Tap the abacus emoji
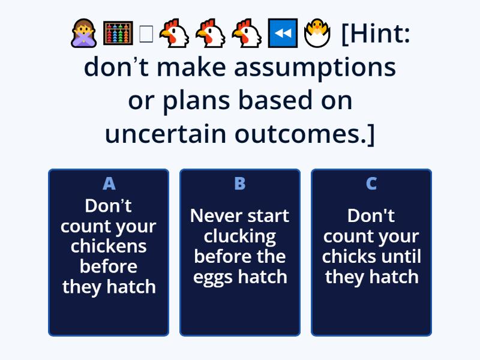118,35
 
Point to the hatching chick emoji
317,35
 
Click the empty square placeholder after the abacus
146,35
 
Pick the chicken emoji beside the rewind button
247,35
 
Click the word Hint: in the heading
376,35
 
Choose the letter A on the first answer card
109,184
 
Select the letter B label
240,184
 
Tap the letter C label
371,184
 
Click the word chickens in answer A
109,246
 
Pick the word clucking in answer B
240,236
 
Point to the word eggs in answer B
211,277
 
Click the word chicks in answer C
344,256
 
